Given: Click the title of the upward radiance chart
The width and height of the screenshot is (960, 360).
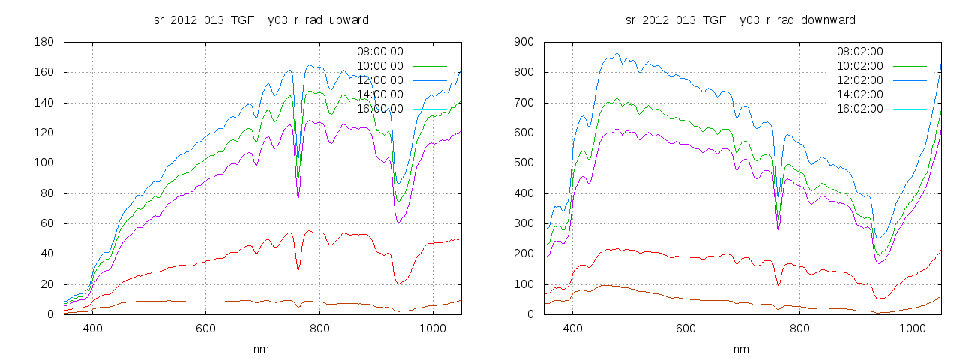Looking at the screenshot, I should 261,19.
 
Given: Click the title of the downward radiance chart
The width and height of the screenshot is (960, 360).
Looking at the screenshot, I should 741,19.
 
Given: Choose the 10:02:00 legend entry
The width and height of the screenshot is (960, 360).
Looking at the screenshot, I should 859,66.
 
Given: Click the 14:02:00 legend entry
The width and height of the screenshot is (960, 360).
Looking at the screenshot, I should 859,94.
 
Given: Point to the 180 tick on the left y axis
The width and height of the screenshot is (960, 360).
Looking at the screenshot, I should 43,42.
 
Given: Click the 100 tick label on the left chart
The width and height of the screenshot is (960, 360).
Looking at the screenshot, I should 43,163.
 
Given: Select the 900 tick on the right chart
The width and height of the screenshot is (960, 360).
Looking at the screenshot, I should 523,42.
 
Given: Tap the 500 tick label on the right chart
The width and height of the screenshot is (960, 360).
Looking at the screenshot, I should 523,163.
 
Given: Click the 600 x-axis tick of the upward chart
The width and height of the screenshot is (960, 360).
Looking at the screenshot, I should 205,328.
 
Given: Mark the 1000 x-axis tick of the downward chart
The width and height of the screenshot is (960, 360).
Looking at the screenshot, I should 912,328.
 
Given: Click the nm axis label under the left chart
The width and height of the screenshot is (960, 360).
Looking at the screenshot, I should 261,349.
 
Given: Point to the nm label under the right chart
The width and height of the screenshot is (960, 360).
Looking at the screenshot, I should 741,349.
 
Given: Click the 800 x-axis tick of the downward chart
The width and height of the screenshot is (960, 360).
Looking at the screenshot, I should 799,328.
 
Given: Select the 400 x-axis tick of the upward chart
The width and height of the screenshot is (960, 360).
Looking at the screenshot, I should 92,328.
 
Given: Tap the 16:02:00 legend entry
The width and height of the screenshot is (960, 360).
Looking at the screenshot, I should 859,109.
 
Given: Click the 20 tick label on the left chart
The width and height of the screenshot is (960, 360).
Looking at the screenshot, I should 46,283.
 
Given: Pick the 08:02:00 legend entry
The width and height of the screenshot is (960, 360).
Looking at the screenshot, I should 859,52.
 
